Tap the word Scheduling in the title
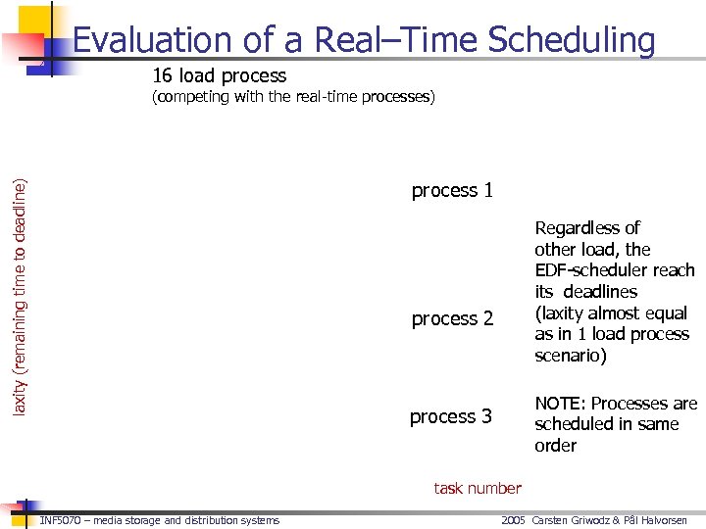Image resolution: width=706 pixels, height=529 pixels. pos(572,40)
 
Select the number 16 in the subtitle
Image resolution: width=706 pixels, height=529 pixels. pos(163,75)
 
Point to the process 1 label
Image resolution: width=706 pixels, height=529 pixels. pos(452,190)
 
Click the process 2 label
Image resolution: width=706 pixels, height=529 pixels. pos(452,318)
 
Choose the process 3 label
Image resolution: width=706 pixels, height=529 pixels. pos(451,416)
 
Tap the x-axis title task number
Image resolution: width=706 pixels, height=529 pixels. pos(478,488)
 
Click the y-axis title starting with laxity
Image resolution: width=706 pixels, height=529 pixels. pos(20,281)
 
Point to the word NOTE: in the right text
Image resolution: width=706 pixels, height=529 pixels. pos(560,404)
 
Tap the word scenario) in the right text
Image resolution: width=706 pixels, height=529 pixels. pos(571,356)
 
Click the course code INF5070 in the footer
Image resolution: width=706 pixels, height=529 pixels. pos(60,520)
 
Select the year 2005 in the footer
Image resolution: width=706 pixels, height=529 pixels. pos(514,520)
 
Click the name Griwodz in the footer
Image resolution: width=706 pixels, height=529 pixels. pos(598,520)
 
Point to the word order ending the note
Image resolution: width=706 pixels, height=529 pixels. pos(555,446)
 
